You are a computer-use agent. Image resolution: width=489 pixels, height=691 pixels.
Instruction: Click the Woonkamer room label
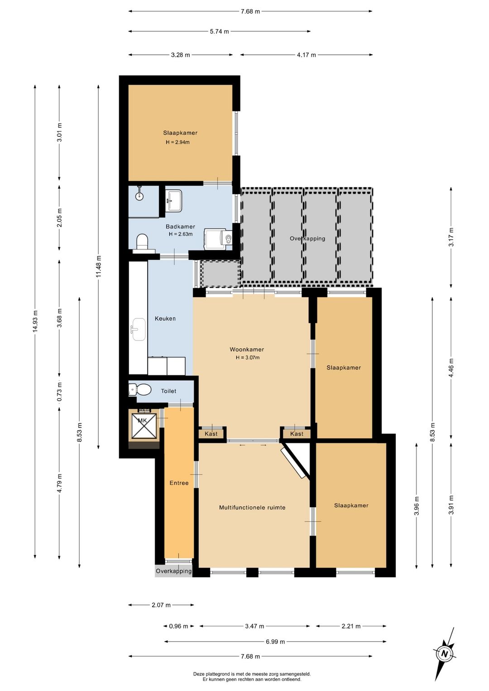click(x=246, y=350)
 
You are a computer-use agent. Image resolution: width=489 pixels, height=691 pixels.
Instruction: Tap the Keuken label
click(x=165, y=318)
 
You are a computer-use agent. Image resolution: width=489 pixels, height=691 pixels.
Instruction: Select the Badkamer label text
click(x=180, y=227)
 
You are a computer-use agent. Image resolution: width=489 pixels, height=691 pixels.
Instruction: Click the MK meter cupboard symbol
click(x=144, y=426)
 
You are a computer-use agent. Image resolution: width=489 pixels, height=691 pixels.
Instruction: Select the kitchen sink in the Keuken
click(x=139, y=330)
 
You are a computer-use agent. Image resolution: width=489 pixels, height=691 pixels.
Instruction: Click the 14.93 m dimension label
click(x=35, y=321)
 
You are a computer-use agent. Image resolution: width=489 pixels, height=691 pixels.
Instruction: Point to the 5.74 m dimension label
click(x=219, y=31)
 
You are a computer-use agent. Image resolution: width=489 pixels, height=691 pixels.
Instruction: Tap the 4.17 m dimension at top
click(x=307, y=55)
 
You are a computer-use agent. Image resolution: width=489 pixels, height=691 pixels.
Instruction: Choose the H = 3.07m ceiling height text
click(x=247, y=358)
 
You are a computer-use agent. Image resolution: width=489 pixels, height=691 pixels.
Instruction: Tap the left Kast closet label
click(x=211, y=434)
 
